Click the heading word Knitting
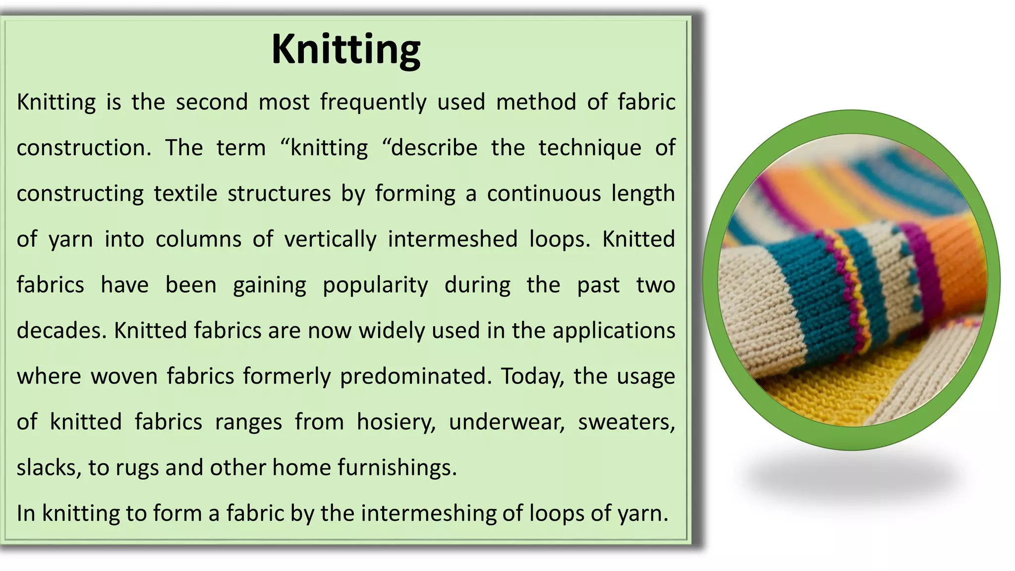tap(346, 50)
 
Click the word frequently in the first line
tap(373, 102)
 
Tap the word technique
tap(590, 148)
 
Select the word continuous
tap(544, 193)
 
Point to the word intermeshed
tap(452, 239)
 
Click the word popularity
tap(375, 285)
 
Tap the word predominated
tap(415, 376)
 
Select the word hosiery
tap(395, 422)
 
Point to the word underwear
tap(507, 422)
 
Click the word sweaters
tap(626, 422)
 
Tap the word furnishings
tap(397, 467)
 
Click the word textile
tap(185, 193)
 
